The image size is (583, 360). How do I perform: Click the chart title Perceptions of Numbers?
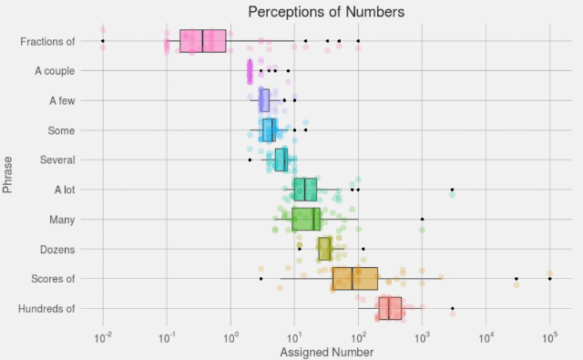(x=326, y=12)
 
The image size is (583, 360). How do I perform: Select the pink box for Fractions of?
(x=202, y=41)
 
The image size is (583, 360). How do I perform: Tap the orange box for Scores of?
(x=355, y=279)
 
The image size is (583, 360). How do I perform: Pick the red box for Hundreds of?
(x=390, y=308)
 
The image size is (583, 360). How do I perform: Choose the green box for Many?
(x=306, y=219)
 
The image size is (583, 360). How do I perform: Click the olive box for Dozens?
(x=324, y=249)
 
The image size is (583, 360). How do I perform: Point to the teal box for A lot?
(x=305, y=190)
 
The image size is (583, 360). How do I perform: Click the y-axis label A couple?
(x=55, y=71)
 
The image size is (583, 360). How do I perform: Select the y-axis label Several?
(x=57, y=159)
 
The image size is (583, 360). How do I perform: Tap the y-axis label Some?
(x=61, y=130)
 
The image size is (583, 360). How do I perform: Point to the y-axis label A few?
(x=62, y=101)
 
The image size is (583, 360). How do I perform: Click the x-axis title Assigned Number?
(x=326, y=352)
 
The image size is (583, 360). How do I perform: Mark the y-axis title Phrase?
(x=7, y=174)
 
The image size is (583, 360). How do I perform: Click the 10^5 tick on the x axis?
(x=549, y=338)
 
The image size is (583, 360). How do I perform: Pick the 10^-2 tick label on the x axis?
(x=103, y=338)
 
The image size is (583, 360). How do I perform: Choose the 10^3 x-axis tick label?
(x=422, y=338)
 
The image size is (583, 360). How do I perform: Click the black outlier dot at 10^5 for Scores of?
(x=550, y=279)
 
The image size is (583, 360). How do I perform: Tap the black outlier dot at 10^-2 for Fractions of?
(x=103, y=41)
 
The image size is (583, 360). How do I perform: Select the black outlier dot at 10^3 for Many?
(x=423, y=219)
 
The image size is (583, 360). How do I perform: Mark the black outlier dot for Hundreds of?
(x=453, y=308)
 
